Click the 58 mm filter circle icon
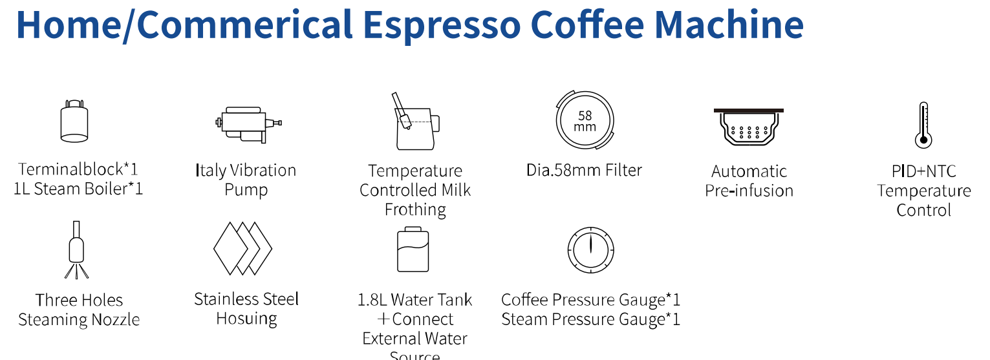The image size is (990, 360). [585, 120]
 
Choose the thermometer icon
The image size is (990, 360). [922, 125]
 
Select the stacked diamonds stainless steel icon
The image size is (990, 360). [242, 248]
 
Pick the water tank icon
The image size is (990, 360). [413, 249]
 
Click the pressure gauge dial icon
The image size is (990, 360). [590, 250]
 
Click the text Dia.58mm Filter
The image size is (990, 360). [584, 171]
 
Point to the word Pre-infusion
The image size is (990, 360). [749, 191]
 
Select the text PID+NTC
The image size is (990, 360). [923, 171]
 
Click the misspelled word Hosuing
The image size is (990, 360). [246, 319]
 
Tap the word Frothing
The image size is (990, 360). [415, 209]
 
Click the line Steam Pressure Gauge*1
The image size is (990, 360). [590, 319]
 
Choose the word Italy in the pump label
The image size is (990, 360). [210, 171]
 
